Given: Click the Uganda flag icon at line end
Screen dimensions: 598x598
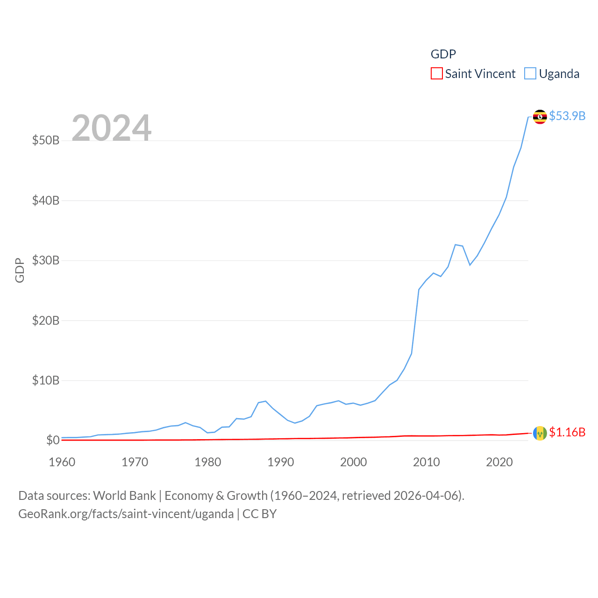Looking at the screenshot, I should (x=540, y=117).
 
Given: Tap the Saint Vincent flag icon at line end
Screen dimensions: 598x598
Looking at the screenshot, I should (x=540, y=433).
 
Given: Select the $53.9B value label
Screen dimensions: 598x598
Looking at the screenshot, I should (x=567, y=116).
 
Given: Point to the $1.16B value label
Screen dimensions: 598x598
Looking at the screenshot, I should (x=567, y=432).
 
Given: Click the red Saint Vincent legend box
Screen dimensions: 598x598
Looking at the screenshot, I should (x=436, y=74).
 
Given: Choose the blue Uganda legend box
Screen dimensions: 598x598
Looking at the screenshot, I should (x=530, y=74).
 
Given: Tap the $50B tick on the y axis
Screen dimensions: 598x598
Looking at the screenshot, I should (x=46, y=140).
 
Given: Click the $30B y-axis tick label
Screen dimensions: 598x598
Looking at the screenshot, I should (x=46, y=260).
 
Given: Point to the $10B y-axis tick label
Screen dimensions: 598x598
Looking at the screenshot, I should (x=46, y=380).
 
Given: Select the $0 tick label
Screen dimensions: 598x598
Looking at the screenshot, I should (x=52, y=440).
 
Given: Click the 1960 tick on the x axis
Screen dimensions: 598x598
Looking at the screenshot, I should (x=62, y=462).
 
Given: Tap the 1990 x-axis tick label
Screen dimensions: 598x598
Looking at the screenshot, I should (x=281, y=462).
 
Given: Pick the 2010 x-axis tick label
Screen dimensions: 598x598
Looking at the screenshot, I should (x=427, y=462).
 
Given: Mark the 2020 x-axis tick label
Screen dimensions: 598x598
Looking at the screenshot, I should (x=499, y=462).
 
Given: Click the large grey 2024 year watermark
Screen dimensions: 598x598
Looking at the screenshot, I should (x=111, y=128).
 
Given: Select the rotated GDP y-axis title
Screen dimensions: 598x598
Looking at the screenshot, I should (x=20, y=270).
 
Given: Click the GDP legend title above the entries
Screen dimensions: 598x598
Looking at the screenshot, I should (x=443, y=54).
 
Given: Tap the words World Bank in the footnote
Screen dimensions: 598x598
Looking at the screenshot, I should (x=124, y=495).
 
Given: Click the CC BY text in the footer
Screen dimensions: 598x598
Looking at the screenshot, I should (x=259, y=514).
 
